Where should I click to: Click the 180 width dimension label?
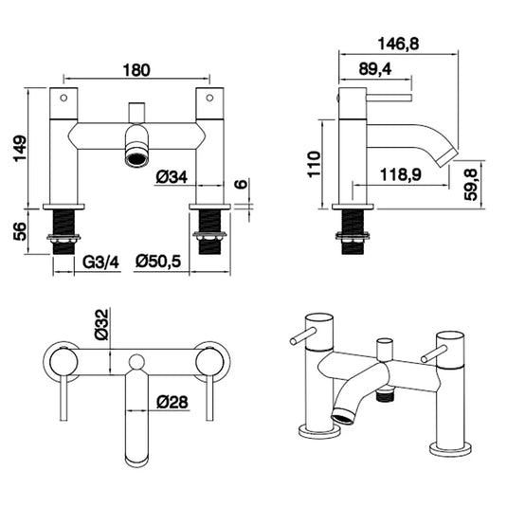click(138, 70)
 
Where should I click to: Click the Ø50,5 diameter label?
click(158, 261)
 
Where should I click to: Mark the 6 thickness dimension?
click(243, 185)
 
